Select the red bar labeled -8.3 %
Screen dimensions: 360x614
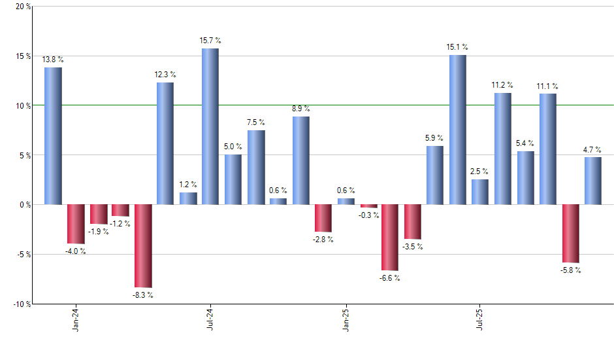pyautogui.click(x=143, y=245)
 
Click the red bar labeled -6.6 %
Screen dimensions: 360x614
pyautogui.click(x=390, y=237)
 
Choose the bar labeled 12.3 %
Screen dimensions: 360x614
pyautogui.click(x=165, y=143)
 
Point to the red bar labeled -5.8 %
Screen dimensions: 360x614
pyautogui.click(x=570, y=233)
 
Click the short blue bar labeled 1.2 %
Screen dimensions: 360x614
pyautogui.click(x=188, y=198)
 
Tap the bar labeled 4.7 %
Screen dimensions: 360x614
pyautogui.click(x=593, y=181)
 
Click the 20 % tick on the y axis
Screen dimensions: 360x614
pyautogui.click(x=23, y=7)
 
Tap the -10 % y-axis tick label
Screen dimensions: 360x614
pyautogui.click(x=21, y=304)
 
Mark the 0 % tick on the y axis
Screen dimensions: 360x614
pyautogui.click(x=25, y=205)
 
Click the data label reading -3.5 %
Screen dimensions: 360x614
pyautogui.click(x=413, y=247)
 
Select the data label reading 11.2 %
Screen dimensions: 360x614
pyautogui.click(x=502, y=85)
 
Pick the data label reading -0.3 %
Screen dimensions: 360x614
pyautogui.click(x=369, y=216)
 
